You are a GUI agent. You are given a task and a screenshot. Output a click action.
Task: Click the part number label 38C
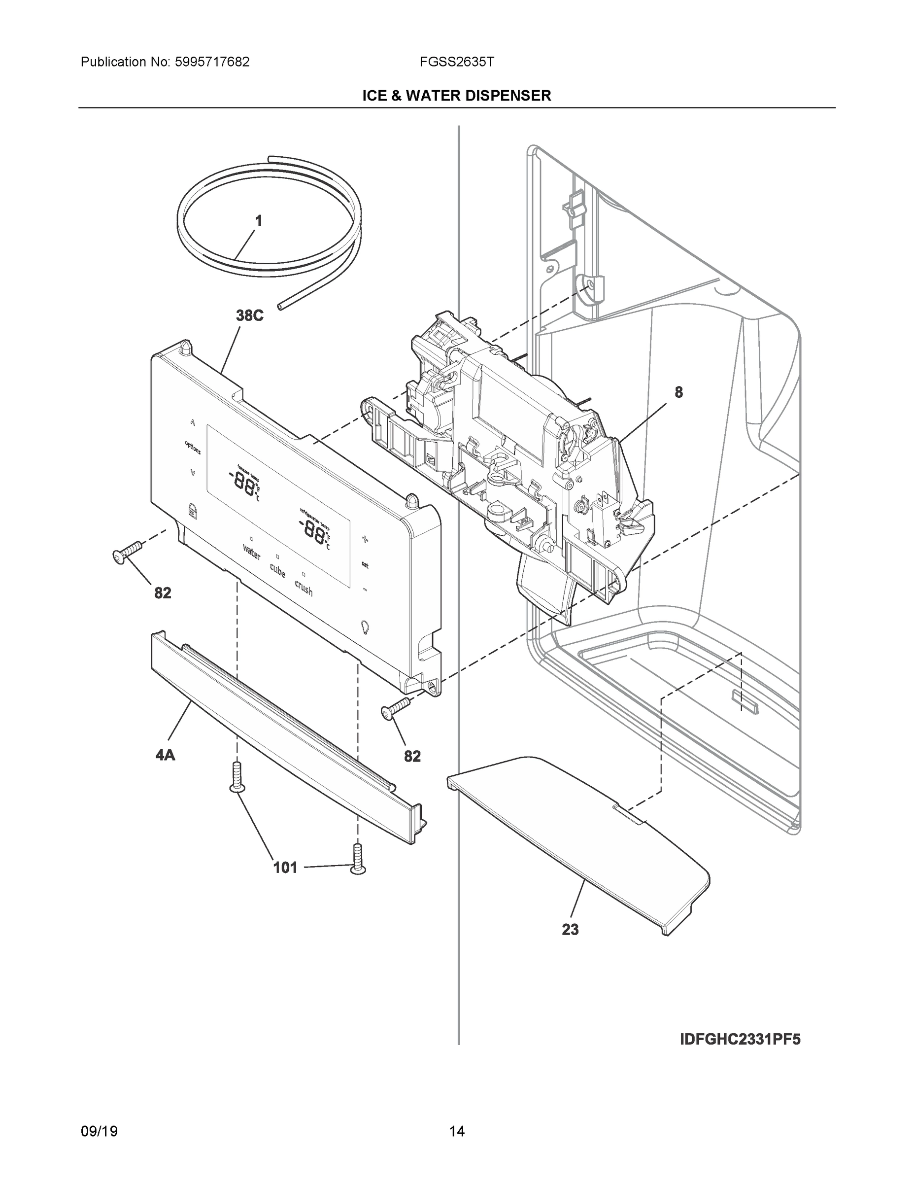tap(250, 315)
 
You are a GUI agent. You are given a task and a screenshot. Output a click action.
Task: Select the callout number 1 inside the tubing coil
tap(258, 221)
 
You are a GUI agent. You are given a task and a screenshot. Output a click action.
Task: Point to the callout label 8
tap(678, 392)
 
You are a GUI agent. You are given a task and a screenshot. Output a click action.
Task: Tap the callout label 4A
tap(165, 755)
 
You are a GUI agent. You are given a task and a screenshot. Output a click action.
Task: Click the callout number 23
tap(570, 930)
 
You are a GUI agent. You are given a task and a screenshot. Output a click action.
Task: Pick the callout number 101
tap(285, 868)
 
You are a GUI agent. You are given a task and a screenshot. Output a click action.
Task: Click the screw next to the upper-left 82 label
tap(127, 552)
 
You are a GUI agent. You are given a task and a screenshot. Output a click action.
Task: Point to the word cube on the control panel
tap(277, 570)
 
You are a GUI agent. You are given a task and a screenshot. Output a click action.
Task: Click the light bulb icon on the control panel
tap(365, 626)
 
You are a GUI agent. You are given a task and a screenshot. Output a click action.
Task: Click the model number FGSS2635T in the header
tap(456, 62)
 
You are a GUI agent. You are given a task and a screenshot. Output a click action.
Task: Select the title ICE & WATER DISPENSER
tap(456, 96)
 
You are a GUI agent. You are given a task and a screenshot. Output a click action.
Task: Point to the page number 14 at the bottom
tap(456, 1132)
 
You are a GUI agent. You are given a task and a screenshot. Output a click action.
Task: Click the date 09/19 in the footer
tap(99, 1132)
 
